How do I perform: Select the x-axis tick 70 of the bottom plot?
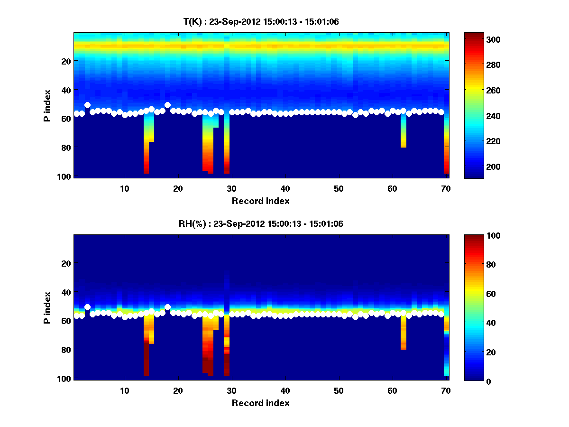point(446,390)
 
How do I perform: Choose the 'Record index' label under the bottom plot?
point(260,403)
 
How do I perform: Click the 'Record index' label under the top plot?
point(260,201)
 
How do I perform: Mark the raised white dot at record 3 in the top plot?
point(87,105)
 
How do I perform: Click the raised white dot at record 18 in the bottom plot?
point(167,307)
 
